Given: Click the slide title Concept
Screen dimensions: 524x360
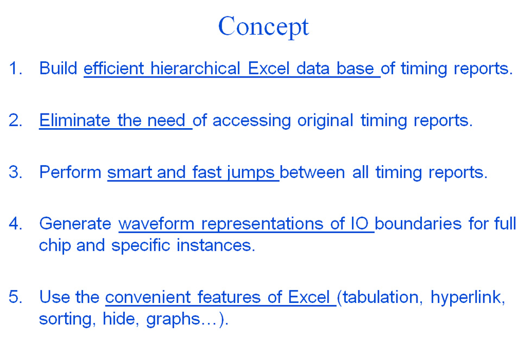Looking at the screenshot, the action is (263, 27).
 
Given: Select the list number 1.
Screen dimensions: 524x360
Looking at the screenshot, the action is (15, 68).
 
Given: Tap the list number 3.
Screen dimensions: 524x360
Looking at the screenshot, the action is (15, 172).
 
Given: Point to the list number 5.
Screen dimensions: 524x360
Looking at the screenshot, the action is (15, 297).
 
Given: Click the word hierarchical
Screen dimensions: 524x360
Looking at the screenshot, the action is (195, 68).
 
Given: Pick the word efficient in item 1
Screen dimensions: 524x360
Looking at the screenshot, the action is (113, 68).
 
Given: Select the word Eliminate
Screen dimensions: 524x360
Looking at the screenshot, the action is (74, 120).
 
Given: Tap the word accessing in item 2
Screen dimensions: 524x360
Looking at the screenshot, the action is (251, 121).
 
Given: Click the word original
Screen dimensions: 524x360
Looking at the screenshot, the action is (325, 121).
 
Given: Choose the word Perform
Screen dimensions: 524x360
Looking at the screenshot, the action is (70, 172).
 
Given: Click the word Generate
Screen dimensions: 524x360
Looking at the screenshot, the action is (75, 223).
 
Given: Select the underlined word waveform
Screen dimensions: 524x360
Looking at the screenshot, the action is (156, 223).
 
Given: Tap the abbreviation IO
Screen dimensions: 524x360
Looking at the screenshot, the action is (359, 223).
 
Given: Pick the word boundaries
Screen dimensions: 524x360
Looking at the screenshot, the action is (418, 223).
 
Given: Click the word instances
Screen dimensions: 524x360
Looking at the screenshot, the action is (216, 245).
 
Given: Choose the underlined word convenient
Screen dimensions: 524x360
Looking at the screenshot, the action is (148, 297).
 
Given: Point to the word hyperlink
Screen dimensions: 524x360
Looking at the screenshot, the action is (468, 298).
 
